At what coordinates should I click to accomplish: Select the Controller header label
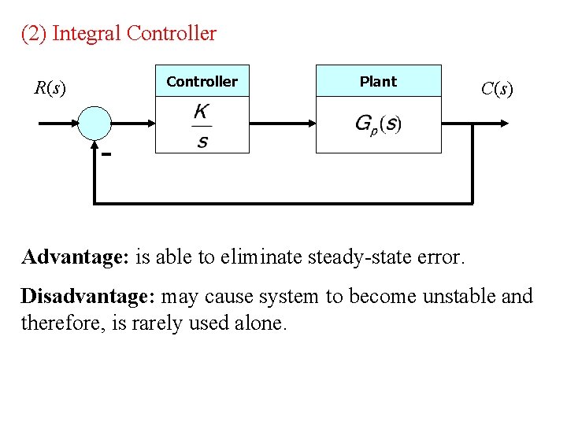click(202, 81)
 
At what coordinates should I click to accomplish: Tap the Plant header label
click(378, 81)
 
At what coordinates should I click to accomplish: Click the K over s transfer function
click(202, 126)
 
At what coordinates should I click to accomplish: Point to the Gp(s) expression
click(378, 124)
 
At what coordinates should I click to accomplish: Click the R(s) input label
click(50, 87)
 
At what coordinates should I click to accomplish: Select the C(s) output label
click(497, 89)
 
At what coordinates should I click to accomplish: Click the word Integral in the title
click(87, 34)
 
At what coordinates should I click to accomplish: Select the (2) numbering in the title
click(33, 34)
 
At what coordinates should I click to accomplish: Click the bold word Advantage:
click(76, 257)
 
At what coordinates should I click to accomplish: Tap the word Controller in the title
click(171, 34)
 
